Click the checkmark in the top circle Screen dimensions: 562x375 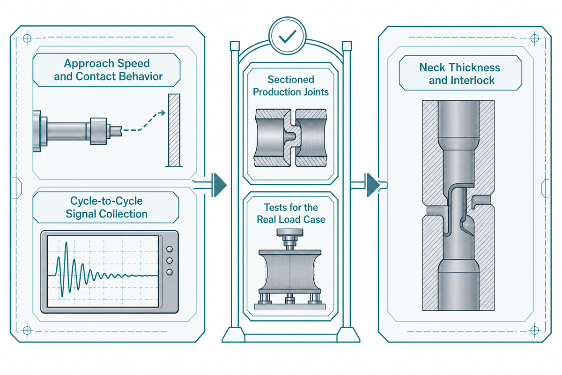(x=287, y=37)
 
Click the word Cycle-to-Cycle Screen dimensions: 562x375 (x=106, y=201)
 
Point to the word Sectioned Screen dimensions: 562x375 (x=291, y=80)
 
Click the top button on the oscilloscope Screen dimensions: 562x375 (x=170, y=249)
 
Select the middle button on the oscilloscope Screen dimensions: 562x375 (x=170, y=261)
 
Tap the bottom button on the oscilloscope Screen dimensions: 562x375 (x=170, y=272)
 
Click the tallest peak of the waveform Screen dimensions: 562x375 (x=66, y=242)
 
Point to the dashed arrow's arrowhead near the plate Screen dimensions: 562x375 (x=163, y=113)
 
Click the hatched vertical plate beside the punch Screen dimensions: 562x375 (x=174, y=130)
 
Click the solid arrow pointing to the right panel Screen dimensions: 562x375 (x=369, y=185)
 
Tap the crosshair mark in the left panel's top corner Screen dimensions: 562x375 (x=27, y=38)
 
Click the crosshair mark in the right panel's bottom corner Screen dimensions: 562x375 (x=534, y=330)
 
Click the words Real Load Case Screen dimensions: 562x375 (x=291, y=219)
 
